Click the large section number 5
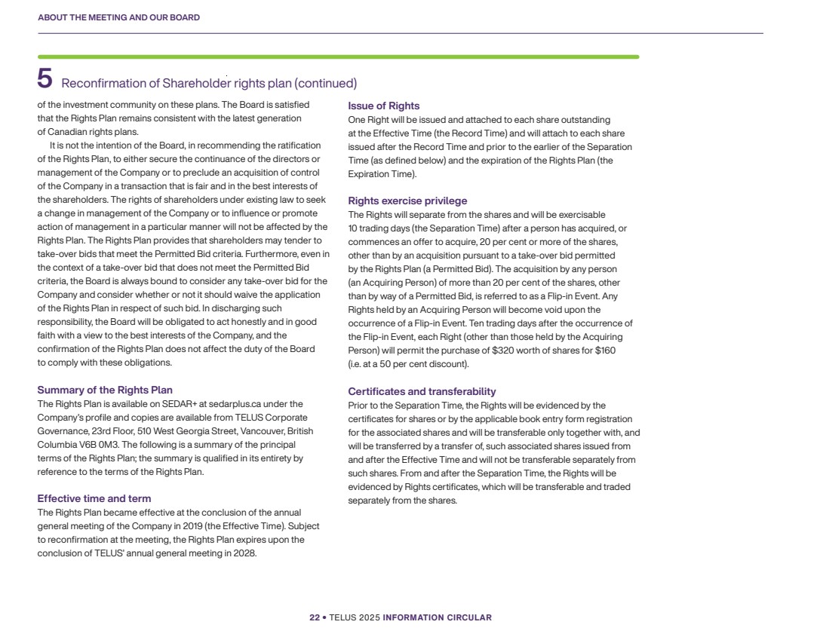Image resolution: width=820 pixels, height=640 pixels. pyautogui.click(x=45, y=78)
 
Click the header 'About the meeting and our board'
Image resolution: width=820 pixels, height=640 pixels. pyautogui.click(x=118, y=17)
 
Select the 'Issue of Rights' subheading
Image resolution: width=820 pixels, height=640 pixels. pyautogui.click(x=383, y=106)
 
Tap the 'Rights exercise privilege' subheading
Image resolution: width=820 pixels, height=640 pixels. pyautogui.click(x=407, y=201)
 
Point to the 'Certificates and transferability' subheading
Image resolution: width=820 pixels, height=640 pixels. pyautogui.click(x=422, y=391)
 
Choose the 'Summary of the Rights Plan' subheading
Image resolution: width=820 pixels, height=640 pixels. pyautogui.click(x=105, y=390)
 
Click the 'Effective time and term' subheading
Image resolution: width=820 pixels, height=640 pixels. pyautogui.click(x=94, y=498)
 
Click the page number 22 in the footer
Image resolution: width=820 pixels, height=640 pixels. pyautogui.click(x=315, y=617)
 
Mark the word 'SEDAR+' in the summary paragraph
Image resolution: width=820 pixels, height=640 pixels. pyautogui.click(x=180, y=403)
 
